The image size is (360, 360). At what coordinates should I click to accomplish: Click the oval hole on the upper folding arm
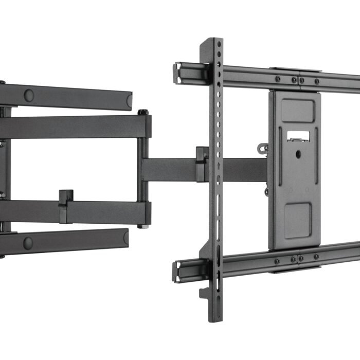pyautogui.click(x=29, y=95)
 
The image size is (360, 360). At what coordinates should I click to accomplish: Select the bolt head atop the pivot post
pyautogui.click(x=142, y=112)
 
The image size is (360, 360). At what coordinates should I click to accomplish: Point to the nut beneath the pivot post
pyautogui.click(x=142, y=226)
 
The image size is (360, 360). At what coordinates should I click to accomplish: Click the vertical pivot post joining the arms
pyautogui.click(x=142, y=170)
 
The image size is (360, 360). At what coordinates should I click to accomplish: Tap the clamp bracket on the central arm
pyautogui.click(x=202, y=164)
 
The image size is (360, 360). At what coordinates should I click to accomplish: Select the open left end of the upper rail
pyautogui.click(x=178, y=73)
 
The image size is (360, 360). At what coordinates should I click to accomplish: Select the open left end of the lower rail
pyautogui.click(x=178, y=271)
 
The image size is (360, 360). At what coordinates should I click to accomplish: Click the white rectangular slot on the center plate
pyautogui.click(x=298, y=136)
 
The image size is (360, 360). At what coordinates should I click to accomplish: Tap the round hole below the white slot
pyautogui.click(x=298, y=153)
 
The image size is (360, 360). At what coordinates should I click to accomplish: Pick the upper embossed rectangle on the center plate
pyautogui.click(x=297, y=110)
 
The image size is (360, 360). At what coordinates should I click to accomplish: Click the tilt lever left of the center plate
pyautogui.click(x=264, y=149)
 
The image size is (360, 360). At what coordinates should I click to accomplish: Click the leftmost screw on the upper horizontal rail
pyautogui.click(x=278, y=79)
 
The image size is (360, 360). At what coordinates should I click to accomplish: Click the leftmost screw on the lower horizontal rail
pyautogui.click(x=278, y=261)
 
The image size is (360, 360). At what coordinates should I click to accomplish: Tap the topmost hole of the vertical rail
pyautogui.click(x=219, y=44)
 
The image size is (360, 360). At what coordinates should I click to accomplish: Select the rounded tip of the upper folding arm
pyautogui.click(x=129, y=101)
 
